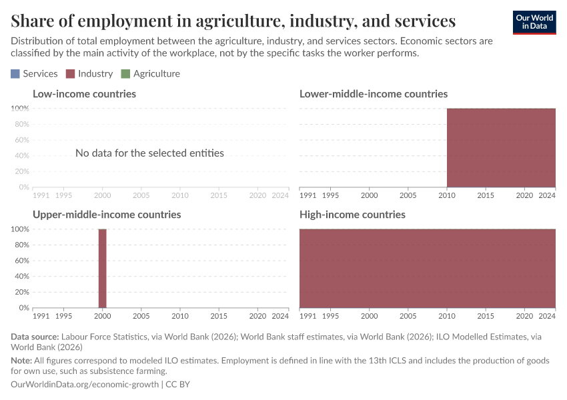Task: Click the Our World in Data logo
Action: [x=534, y=22]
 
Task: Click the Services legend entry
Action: [x=34, y=73]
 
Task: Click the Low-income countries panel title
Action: [x=84, y=94]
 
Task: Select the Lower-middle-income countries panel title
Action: [x=374, y=94]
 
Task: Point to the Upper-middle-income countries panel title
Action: [x=107, y=215]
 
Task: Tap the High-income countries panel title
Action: [x=352, y=215]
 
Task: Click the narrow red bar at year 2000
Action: [x=103, y=268]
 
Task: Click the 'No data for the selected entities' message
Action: [x=149, y=153]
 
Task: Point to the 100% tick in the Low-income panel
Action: [x=20, y=109]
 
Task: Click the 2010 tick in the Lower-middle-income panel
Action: [x=447, y=195]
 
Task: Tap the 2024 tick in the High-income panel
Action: [x=547, y=315]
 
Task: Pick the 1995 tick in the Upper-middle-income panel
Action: [x=64, y=315]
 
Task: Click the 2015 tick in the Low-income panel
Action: [x=219, y=195]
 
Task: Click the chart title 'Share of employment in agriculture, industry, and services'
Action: [x=233, y=21]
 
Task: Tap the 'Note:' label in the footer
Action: [x=23, y=360]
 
